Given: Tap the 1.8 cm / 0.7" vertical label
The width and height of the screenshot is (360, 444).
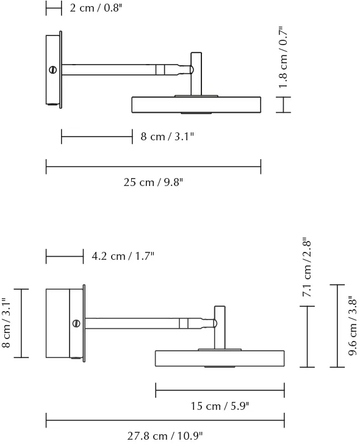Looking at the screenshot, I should coord(283,57).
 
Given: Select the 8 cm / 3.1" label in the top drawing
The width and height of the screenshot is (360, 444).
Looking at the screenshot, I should coord(167,137).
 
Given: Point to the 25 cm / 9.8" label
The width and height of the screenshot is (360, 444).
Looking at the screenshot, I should coord(153,182).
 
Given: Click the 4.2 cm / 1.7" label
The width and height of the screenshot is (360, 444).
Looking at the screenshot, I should coord(123,256).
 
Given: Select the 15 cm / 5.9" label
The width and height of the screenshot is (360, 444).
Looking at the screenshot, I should coord(220,406).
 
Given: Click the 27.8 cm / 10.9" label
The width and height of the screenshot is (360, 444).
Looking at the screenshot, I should coord(165,435).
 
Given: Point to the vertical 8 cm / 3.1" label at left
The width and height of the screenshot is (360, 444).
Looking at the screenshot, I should coord(5,323).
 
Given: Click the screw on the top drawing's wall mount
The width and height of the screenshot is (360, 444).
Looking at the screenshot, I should coord(54,70).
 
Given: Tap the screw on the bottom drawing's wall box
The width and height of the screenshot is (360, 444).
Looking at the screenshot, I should coord(76,323).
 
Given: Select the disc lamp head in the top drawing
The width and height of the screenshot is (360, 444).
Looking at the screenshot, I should coord(196,105).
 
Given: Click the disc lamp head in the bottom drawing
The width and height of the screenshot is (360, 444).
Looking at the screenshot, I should coord(220,358).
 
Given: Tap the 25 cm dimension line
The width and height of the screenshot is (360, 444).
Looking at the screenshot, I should coord(153,166).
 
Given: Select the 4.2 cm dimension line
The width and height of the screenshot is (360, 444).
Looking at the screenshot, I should coord(65,257).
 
